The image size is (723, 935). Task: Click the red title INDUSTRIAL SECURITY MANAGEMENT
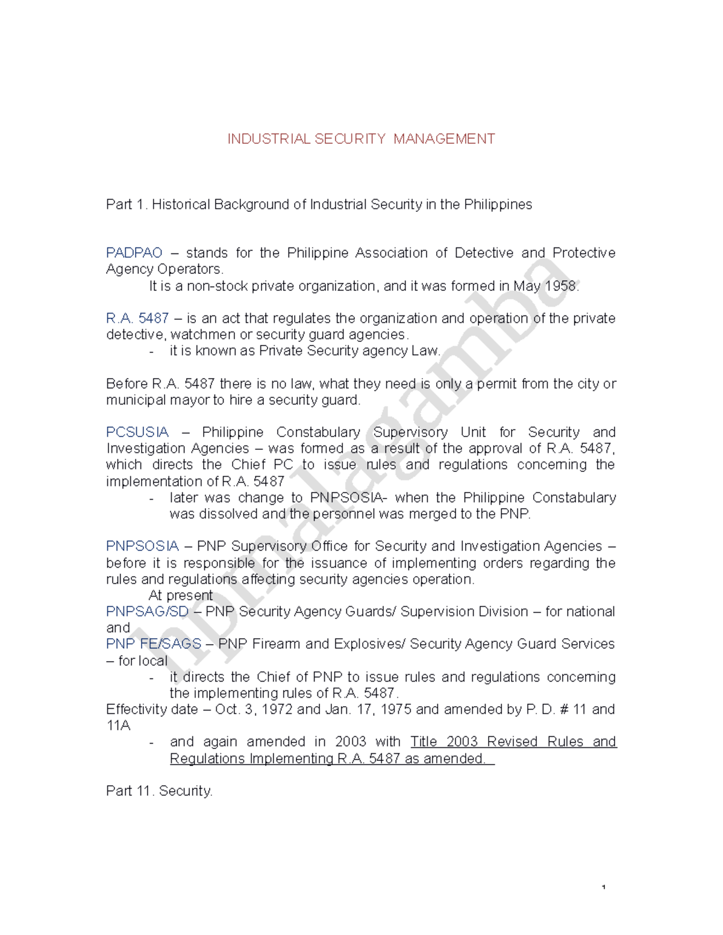[x=361, y=139]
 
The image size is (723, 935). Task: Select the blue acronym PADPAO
[x=134, y=253]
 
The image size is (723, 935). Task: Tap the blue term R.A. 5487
[x=137, y=318]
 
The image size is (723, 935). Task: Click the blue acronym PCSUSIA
[x=137, y=432]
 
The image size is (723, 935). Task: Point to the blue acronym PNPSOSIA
[x=142, y=546]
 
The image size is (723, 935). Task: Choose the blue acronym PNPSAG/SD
[x=147, y=612]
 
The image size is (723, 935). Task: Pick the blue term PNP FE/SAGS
[x=153, y=644]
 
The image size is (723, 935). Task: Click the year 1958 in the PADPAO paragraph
[x=561, y=286]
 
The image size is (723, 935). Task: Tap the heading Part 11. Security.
[x=159, y=791]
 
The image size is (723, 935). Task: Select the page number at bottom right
[x=603, y=887]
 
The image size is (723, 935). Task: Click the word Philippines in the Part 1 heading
[x=498, y=205]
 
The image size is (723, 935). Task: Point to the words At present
[x=180, y=595]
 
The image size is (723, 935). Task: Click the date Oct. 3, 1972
[x=254, y=709]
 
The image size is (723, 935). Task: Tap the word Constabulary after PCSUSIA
[x=318, y=432]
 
